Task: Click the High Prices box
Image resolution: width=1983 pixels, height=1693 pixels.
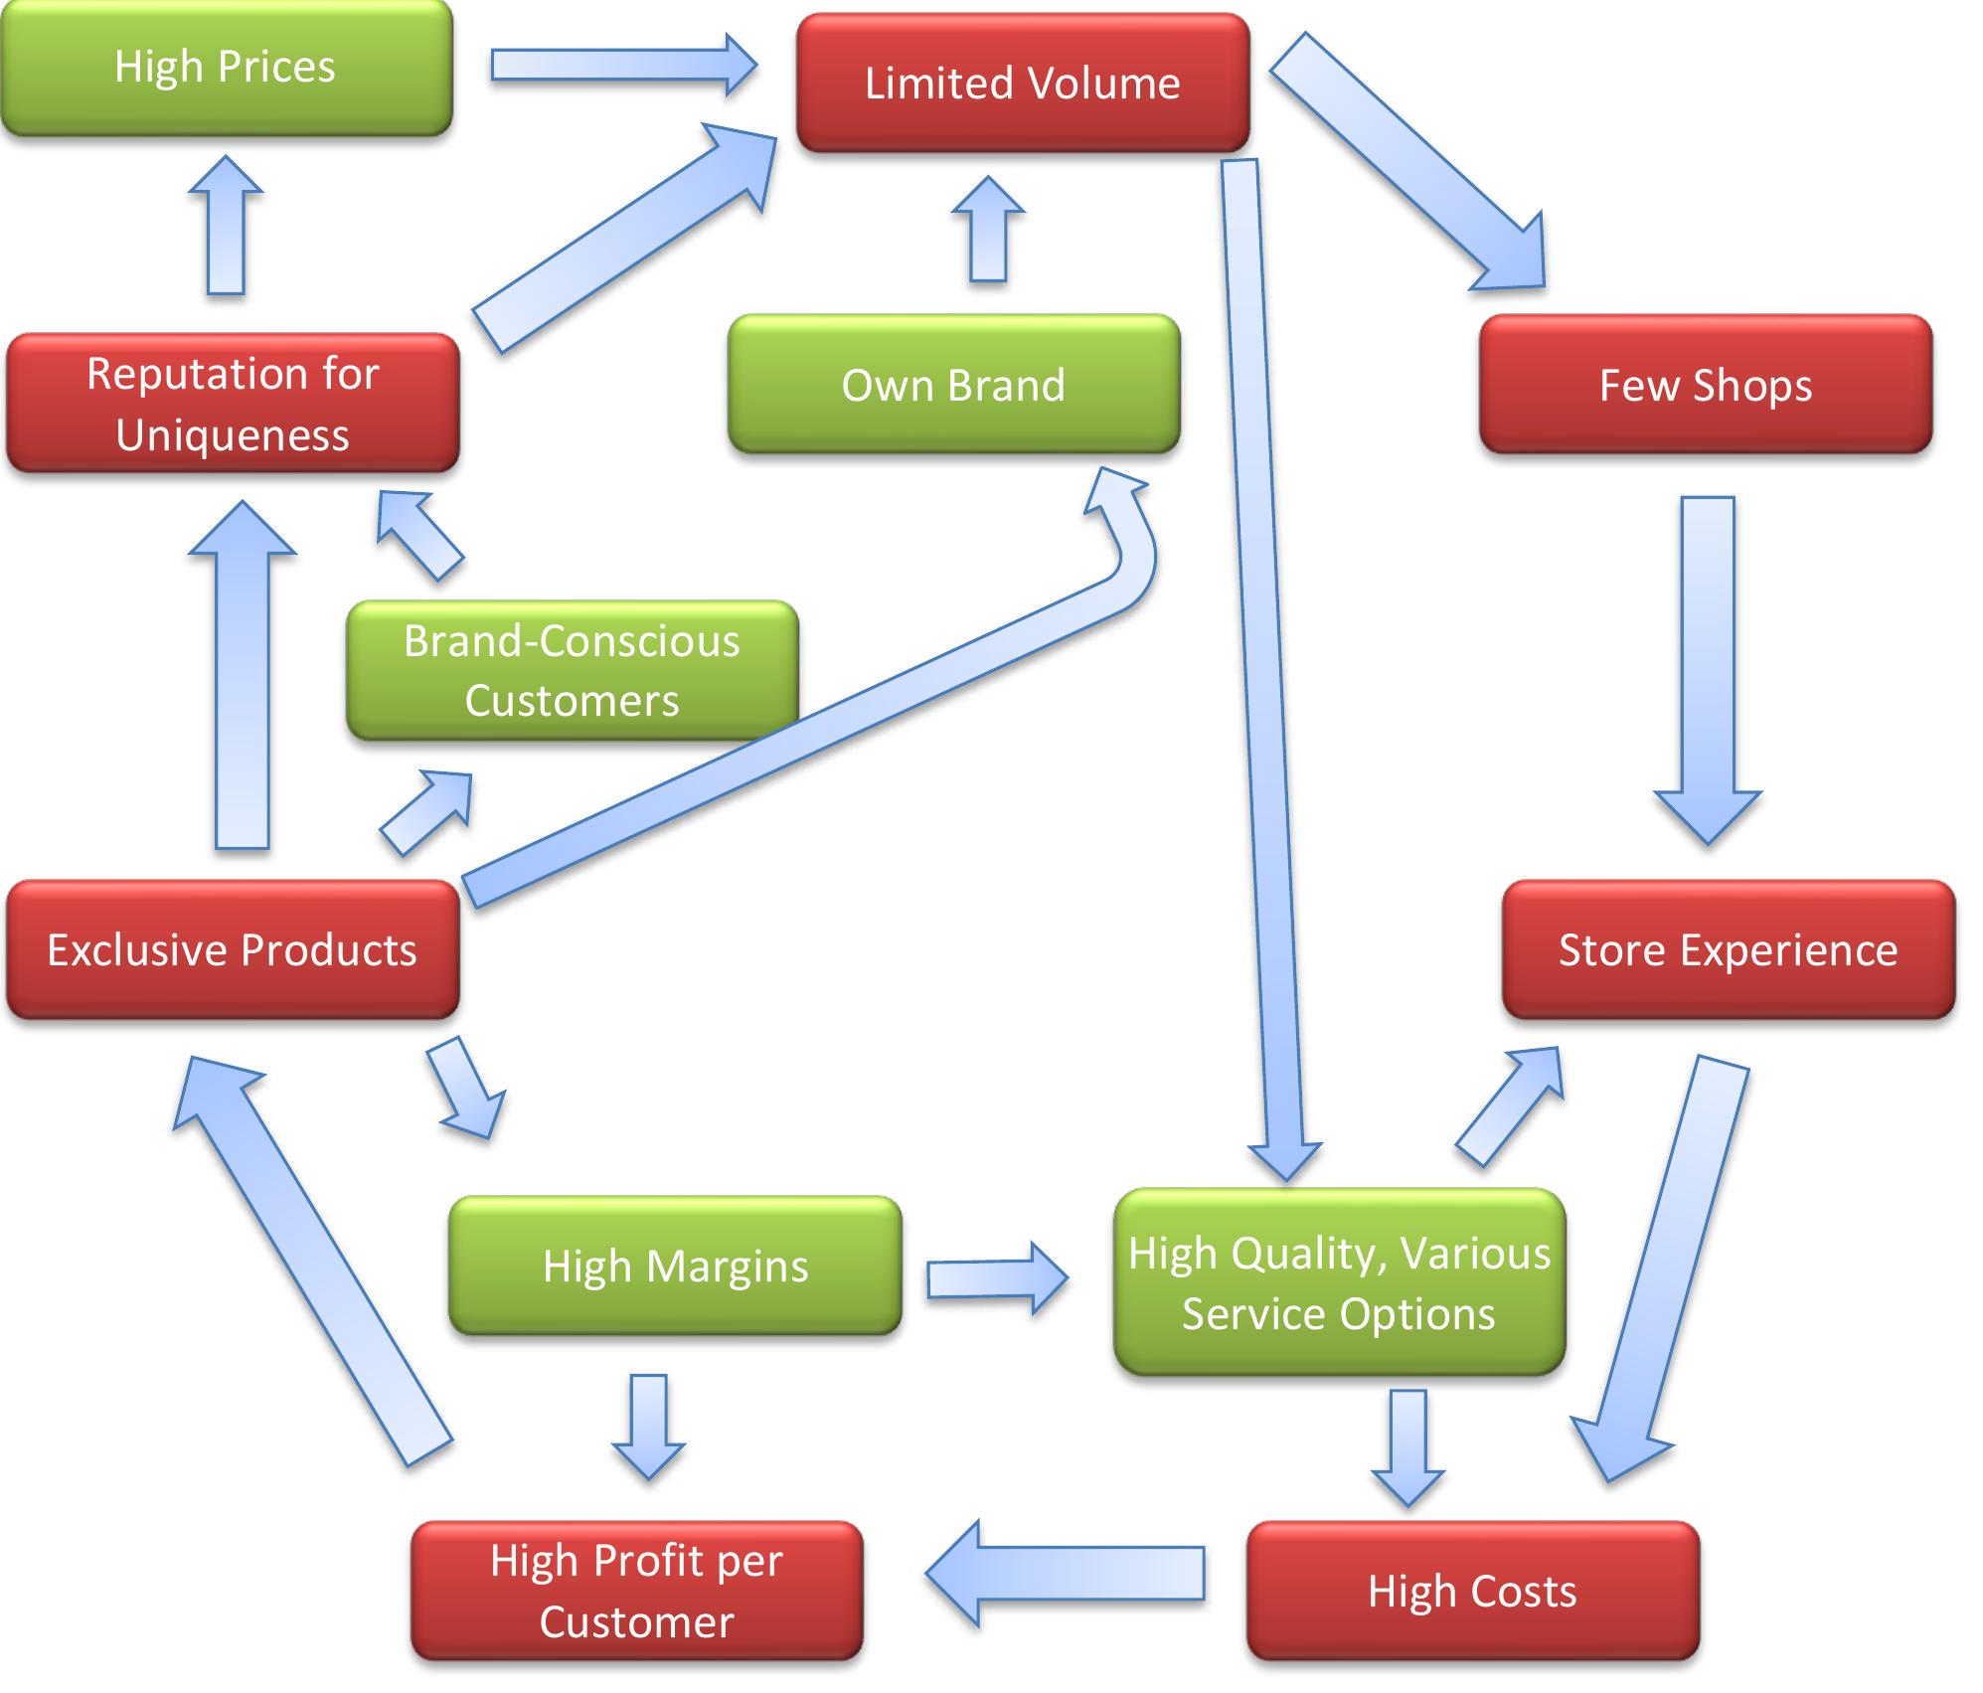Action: point(227,68)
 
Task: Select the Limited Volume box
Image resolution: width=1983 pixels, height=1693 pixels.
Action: point(1023,83)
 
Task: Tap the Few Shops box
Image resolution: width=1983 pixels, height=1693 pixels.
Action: point(1706,385)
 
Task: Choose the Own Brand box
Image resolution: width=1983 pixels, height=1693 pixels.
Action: point(954,385)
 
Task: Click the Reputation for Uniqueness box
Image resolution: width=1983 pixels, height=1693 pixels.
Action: point(233,403)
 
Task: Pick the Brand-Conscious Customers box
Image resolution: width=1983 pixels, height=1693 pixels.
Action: point(573,671)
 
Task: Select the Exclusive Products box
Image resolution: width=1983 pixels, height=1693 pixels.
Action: point(233,949)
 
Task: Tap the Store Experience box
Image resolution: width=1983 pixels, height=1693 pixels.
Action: point(1729,949)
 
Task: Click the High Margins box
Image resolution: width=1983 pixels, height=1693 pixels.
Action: point(676,1266)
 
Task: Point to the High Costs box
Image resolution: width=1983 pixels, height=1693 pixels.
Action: point(1473,1591)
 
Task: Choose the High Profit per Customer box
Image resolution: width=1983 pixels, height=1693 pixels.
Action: point(637,1591)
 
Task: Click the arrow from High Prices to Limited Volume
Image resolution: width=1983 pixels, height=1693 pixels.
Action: point(624,65)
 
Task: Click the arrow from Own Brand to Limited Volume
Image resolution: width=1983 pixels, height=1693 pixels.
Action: point(988,229)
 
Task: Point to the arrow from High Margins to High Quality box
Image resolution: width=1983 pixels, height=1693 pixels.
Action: point(998,1278)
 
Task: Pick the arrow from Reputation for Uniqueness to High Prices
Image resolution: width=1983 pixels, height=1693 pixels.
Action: point(226,225)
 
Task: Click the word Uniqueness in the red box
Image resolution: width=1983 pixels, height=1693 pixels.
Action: point(233,435)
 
